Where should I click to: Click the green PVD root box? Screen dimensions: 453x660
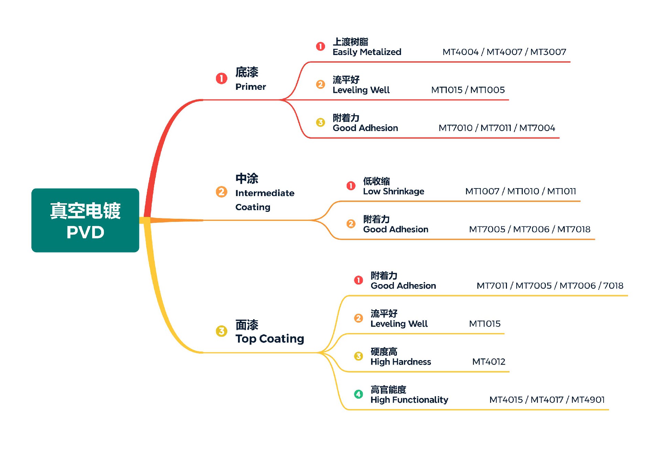[x=85, y=220]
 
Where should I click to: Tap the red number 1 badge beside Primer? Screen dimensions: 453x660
[x=221, y=78]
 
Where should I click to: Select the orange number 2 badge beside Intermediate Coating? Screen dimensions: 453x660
[x=221, y=192]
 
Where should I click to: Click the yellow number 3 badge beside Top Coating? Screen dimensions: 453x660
[x=221, y=331]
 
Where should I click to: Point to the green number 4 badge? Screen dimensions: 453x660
[x=358, y=394]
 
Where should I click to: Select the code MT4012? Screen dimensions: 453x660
[x=488, y=362]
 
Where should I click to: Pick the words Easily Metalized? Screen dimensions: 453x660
[x=367, y=52]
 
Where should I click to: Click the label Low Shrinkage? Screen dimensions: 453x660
[x=393, y=191]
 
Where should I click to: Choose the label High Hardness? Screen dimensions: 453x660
[x=400, y=362]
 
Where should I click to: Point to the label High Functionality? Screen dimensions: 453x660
[x=409, y=400]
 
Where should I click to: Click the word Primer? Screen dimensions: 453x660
[x=250, y=87]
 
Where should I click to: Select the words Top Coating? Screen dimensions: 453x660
[x=270, y=339]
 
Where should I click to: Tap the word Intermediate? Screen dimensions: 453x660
[x=264, y=193]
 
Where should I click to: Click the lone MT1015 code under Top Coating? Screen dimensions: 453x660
[x=485, y=324]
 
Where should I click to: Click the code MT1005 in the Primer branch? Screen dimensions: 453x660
[x=487, y=90]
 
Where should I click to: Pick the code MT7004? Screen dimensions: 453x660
[x=537, y=128]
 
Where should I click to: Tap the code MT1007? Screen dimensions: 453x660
[x=482, y=191]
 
